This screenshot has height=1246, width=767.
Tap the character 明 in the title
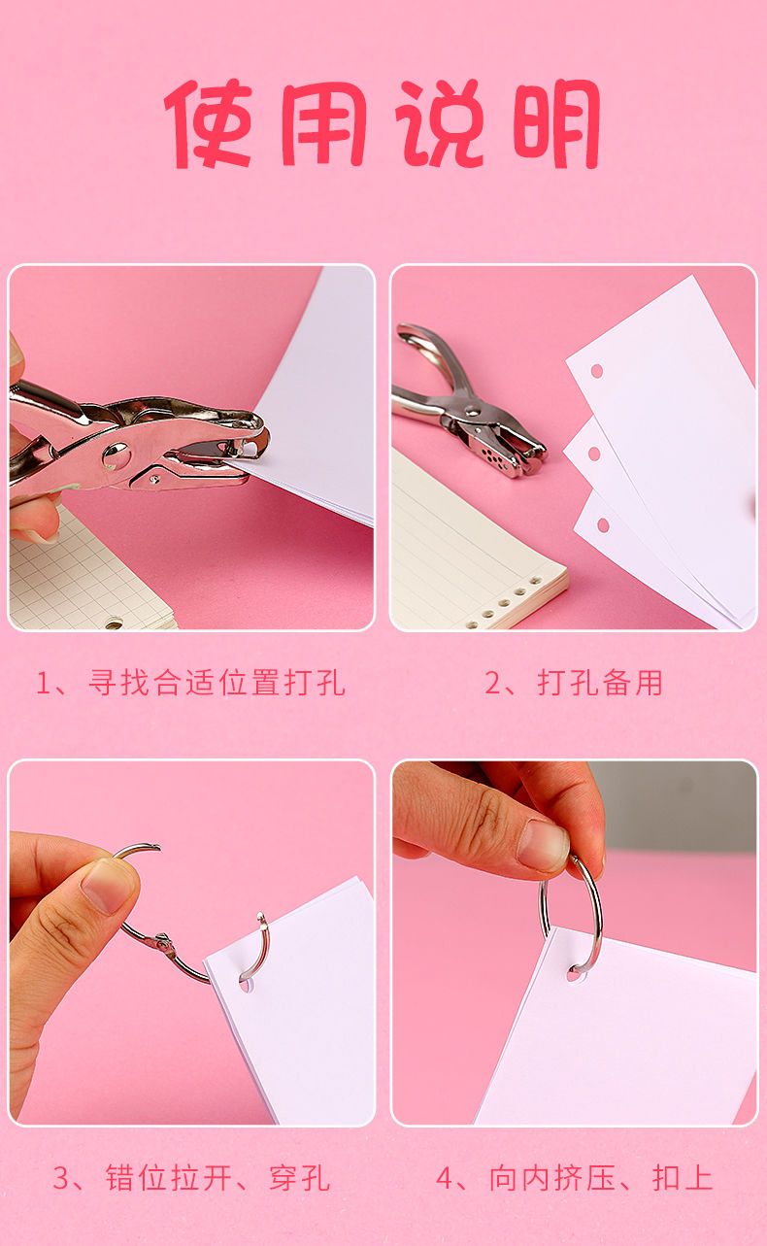[555, 123]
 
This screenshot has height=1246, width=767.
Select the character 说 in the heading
[440, 123]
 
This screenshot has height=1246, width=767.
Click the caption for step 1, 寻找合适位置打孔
[217, 683]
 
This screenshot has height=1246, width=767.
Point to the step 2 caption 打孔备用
[600, 683]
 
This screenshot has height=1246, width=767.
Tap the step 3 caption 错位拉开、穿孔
[217, 1177]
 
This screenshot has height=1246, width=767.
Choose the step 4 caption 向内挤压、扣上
[601, 1177]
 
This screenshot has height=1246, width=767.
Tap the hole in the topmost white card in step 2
[596, 370]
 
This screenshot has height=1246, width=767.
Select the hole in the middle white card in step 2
[594, 453]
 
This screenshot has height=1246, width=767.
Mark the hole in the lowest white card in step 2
[602, 524]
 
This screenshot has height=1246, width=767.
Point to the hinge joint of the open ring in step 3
[163, 943]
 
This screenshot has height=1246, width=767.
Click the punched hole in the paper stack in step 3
[244, 985]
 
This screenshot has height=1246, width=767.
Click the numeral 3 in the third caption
[61, 1178]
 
